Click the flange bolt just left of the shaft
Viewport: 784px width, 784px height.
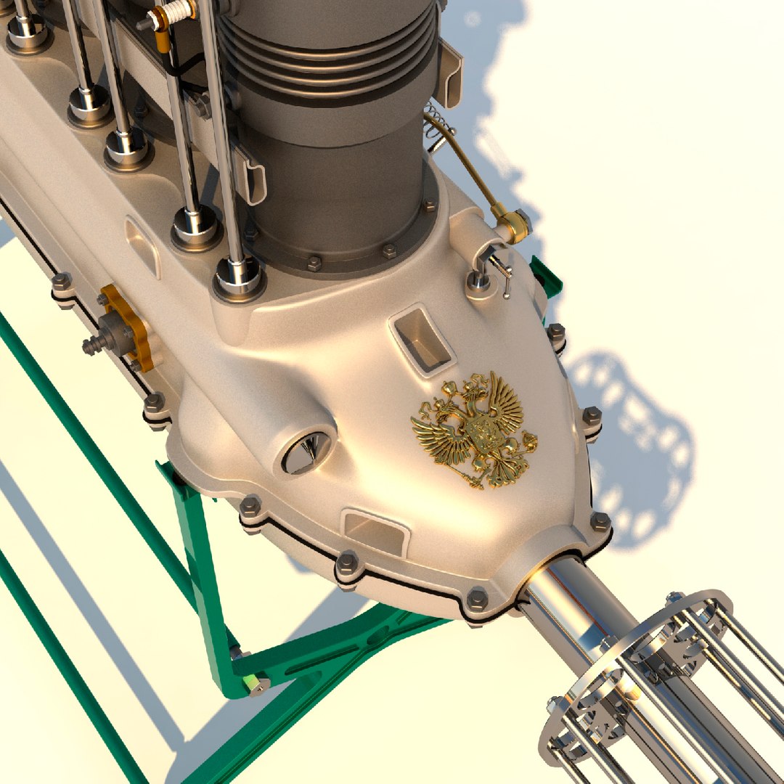pos(477,600)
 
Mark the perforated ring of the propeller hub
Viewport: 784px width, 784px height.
pos(639,653)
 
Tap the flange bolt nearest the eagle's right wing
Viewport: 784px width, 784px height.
pos(592,417)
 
